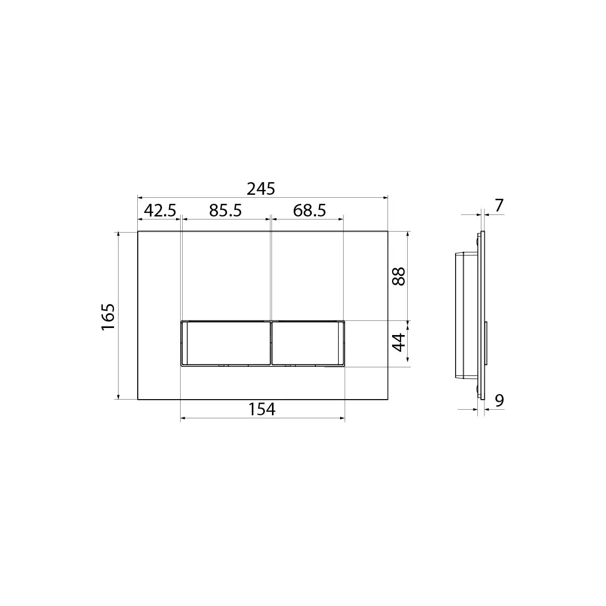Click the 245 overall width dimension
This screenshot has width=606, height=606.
pos(261,189)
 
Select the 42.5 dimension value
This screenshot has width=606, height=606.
pos(160,210)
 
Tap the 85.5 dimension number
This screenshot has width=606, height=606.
pos(226,210)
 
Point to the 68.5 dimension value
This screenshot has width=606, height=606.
pos(309,210)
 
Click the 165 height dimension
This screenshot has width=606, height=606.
pos(108,317)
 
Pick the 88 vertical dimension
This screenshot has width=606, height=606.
pos(399,277)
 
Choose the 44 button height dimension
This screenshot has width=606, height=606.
pos(399,343)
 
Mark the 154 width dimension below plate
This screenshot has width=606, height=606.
pos(262,409)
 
